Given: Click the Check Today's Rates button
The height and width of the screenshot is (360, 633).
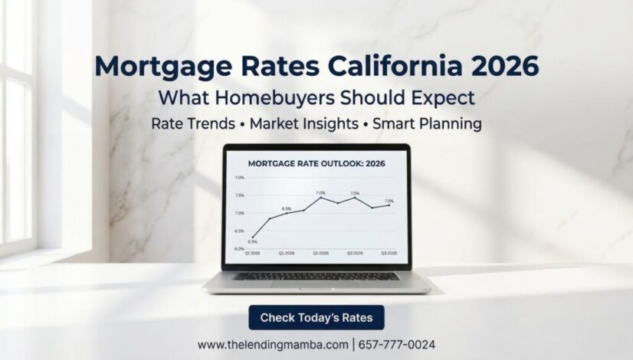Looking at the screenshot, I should [316, 317].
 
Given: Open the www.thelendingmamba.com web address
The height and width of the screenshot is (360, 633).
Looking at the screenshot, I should [272, 345].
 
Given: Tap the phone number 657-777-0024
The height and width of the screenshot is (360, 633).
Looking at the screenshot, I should [397, 345].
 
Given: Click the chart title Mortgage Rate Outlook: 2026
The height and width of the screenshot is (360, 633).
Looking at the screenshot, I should [316, 163].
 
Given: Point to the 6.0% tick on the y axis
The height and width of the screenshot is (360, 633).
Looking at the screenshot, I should [239, 248].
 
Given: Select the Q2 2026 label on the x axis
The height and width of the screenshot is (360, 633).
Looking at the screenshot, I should [320, 252].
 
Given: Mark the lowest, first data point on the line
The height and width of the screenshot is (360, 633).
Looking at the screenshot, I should [253, 237].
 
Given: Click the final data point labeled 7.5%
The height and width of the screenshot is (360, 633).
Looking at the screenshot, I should [389, 205].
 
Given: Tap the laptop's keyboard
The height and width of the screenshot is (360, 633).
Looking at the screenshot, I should [316, 276].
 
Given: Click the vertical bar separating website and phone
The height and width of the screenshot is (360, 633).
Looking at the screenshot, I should [353, 345].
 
